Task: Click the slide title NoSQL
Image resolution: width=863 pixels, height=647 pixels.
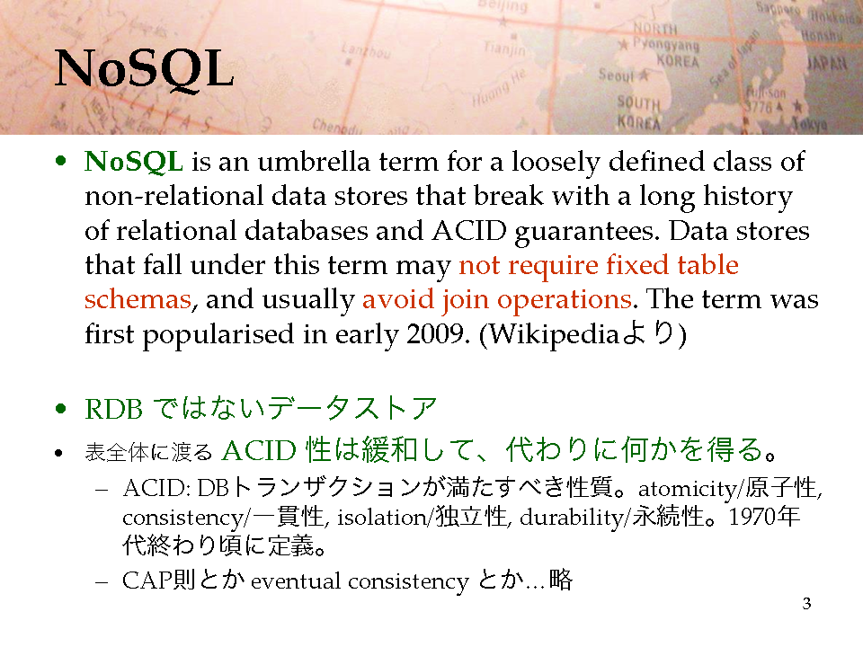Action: [x=144, y=69]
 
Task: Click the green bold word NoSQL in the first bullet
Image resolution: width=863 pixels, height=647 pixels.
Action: [x=134, y=163]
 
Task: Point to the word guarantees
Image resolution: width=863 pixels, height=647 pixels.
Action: [x=587, y=232]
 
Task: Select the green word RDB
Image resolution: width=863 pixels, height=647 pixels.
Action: [x=113, y=410]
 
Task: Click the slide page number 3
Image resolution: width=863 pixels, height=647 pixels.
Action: [x=806, y=604]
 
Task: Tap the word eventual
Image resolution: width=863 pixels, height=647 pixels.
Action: [x=296, y=581]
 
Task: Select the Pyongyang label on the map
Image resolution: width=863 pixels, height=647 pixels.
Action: [x=666, y=44]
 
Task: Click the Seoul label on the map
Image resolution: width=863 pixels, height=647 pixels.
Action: [x=617, y=75]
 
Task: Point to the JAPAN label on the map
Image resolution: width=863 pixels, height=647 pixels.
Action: [x=827, y=63]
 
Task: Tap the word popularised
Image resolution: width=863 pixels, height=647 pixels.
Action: [x=218, y=335]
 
